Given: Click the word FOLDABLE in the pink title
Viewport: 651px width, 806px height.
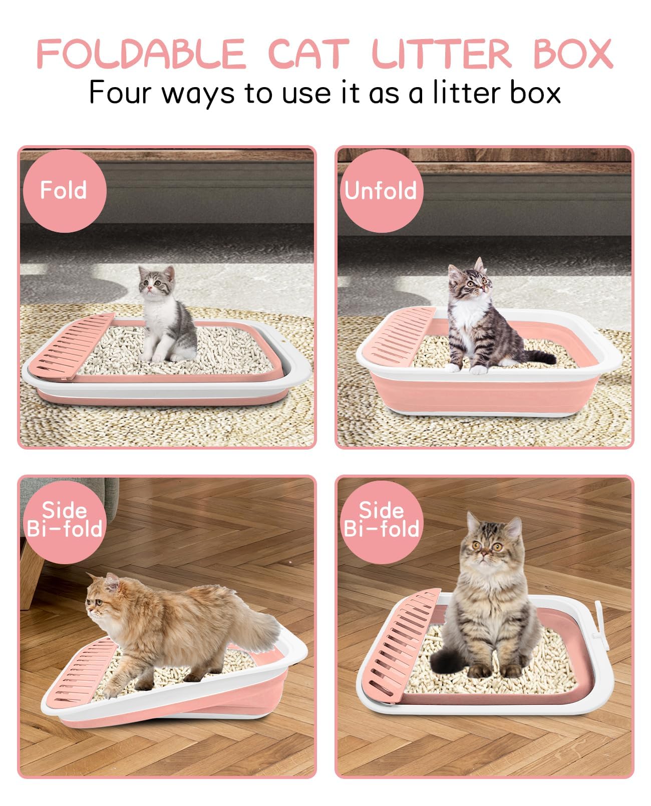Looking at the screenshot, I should click(x=141, y=54).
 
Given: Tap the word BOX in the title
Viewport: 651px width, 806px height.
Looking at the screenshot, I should click(x=573, y=54).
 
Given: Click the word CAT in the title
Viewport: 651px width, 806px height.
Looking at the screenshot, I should click(x=308, y=54).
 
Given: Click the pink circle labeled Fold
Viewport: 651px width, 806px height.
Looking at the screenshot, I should click(x=64, y=191).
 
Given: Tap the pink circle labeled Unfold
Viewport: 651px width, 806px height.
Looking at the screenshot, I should click(x=381, y=191).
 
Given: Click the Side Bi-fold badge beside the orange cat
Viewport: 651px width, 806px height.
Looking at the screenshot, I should click(x=64, y=520).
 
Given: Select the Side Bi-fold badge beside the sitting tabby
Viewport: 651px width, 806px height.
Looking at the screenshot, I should click(x=381, y=520).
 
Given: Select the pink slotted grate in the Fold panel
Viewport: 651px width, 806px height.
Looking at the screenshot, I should click(x=75, y=345).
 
